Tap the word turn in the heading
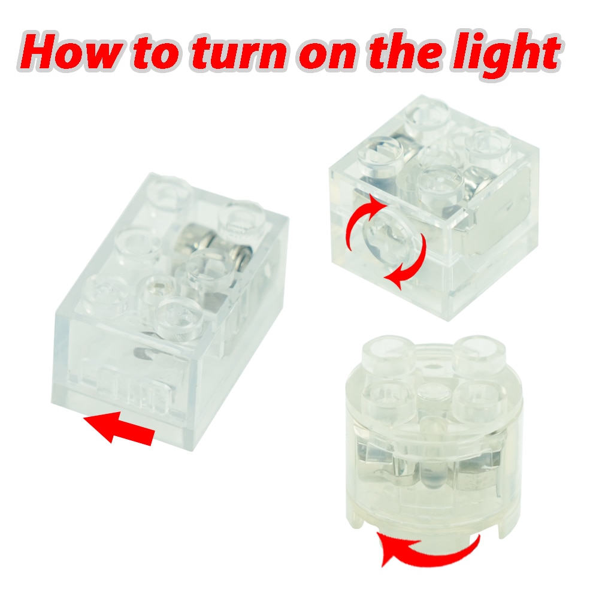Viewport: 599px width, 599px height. point(239,53)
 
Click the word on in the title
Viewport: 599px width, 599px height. point(328,56)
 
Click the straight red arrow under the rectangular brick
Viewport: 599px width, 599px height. point(119,428)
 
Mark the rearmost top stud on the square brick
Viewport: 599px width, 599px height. point(426,114)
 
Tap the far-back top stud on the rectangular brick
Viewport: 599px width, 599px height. point(169,191)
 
